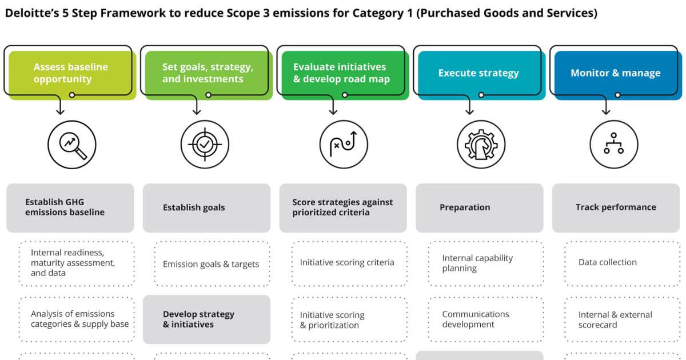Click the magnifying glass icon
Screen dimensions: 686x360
72,145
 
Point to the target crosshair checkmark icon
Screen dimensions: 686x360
205,145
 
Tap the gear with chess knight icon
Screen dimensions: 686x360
481,145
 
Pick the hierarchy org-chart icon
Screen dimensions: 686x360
614,145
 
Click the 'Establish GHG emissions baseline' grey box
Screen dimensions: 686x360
70,208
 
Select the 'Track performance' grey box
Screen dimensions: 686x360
616,208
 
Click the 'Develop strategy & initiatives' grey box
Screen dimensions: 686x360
207,319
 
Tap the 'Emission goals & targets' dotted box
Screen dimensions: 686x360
213,264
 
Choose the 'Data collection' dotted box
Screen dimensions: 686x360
623,264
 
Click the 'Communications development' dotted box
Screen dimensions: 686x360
486,319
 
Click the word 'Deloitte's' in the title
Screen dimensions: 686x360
32,13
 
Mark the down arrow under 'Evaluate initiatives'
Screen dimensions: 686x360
333,105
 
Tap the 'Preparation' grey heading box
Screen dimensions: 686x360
480,208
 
